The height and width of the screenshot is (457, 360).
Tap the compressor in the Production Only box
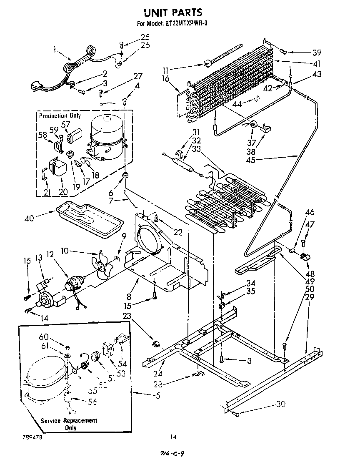[106, 138]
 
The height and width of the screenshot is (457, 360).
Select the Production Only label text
[60, 116]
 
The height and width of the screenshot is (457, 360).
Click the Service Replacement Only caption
[69, 424]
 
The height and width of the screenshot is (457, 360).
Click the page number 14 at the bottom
[173, 437]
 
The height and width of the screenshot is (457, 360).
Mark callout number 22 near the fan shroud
[178, 233]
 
